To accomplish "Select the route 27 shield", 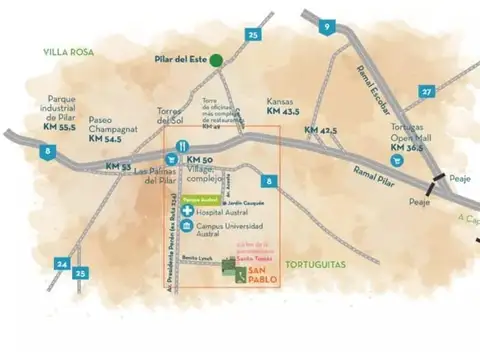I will (x=427, y=91).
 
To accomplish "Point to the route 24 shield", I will (x=62, y=264).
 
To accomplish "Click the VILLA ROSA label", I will (x=67, y=50).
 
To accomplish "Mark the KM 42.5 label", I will (x=321, y=130).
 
